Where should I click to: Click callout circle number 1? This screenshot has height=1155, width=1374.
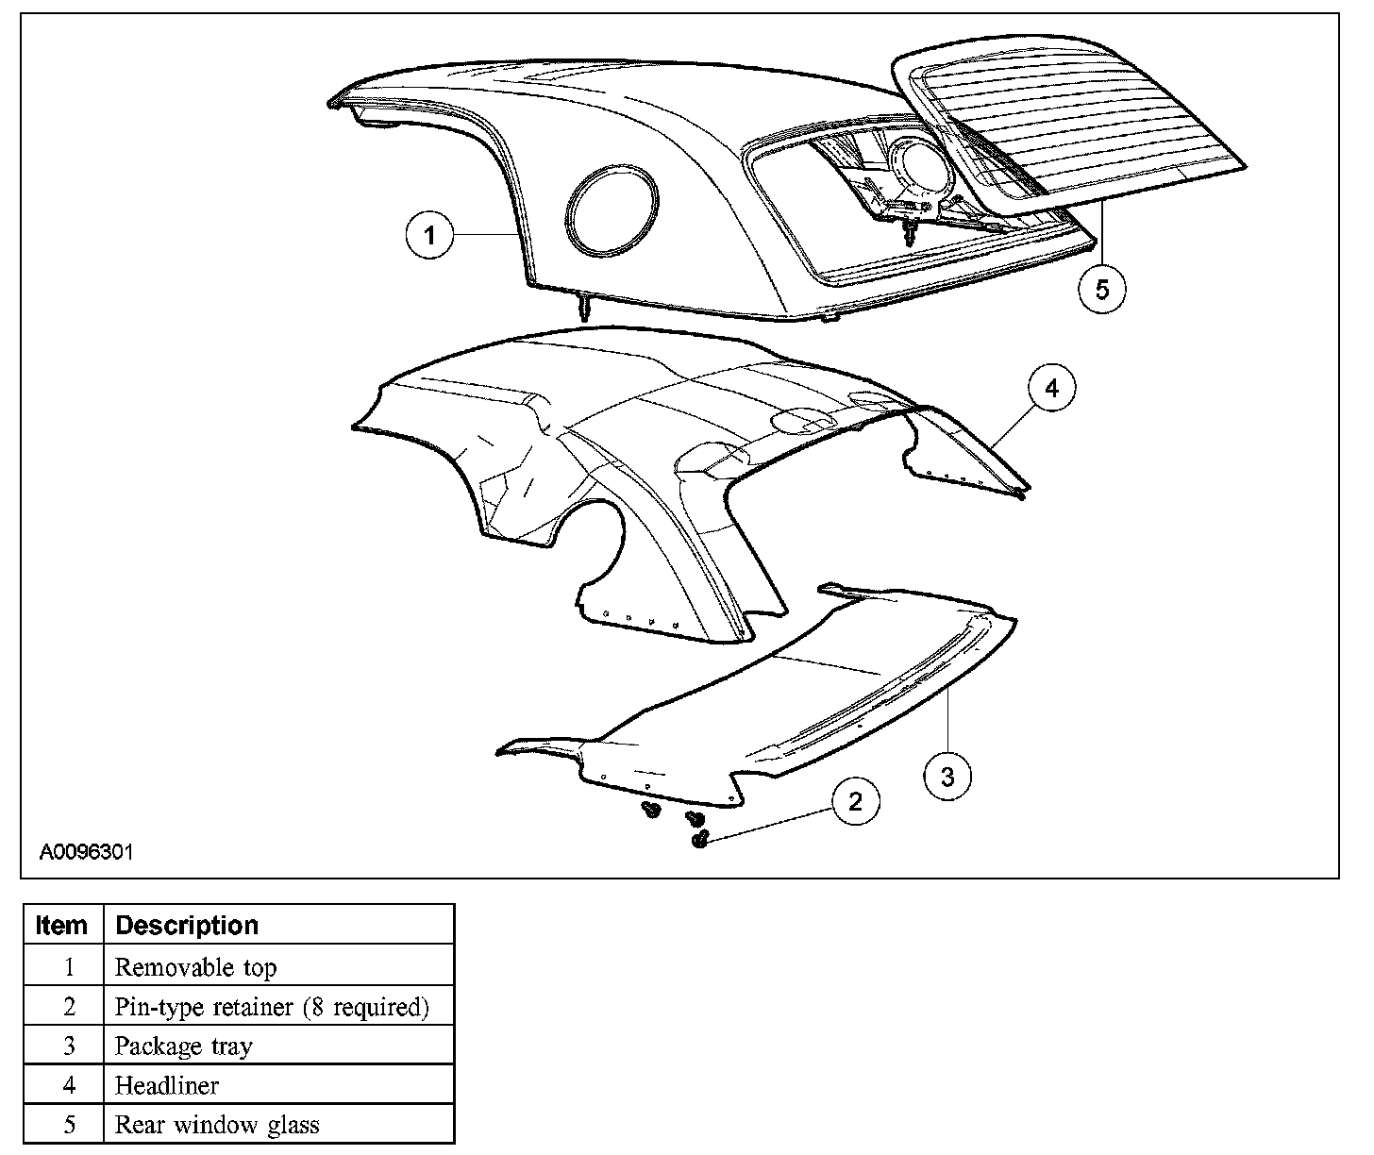pos(430,235)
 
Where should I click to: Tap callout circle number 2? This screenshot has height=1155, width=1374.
pos(855,802)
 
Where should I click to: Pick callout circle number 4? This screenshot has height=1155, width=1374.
pos(1051,388)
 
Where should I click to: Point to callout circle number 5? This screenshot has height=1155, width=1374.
pos(1102,289)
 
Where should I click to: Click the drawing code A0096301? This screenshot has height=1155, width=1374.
pos(86,852)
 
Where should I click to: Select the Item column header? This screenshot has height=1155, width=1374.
pos(61,925)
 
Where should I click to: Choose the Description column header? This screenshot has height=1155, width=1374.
pos(186,925)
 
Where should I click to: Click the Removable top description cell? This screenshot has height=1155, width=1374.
pos(195,967)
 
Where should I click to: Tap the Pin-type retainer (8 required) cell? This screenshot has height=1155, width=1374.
pos(271,1007)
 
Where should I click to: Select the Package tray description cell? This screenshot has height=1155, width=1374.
pos(183,1046)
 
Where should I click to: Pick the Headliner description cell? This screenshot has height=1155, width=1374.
pos(166,1086)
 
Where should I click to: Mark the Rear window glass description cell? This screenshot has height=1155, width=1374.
pos(216,1125)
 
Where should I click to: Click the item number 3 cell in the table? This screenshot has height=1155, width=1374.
pos(68,1046)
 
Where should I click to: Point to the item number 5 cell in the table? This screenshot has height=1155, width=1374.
pos(68,1125)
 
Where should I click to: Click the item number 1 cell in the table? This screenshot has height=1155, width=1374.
pos(68,967)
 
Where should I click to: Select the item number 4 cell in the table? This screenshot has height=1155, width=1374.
pos(68,1086)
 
